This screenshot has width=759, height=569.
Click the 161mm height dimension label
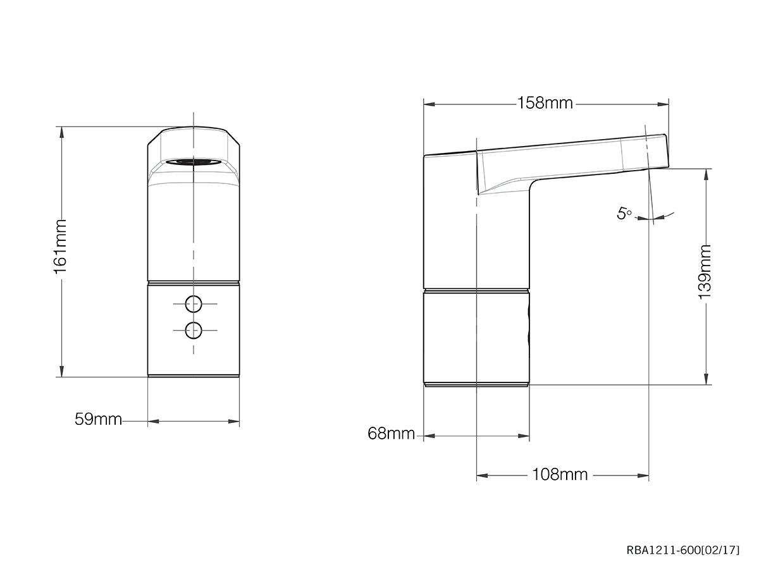(61, 247)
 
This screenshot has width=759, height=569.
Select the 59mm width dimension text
(98, 419)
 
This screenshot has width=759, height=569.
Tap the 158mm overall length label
(545, 102)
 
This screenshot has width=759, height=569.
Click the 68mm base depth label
(392, 434)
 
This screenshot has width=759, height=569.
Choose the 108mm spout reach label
(560, 474)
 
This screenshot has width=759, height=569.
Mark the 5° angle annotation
(624, 214)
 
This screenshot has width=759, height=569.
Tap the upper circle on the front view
(194, 304)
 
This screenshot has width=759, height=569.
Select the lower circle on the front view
(194, 329)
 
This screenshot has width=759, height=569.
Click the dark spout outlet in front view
(194, 162)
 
